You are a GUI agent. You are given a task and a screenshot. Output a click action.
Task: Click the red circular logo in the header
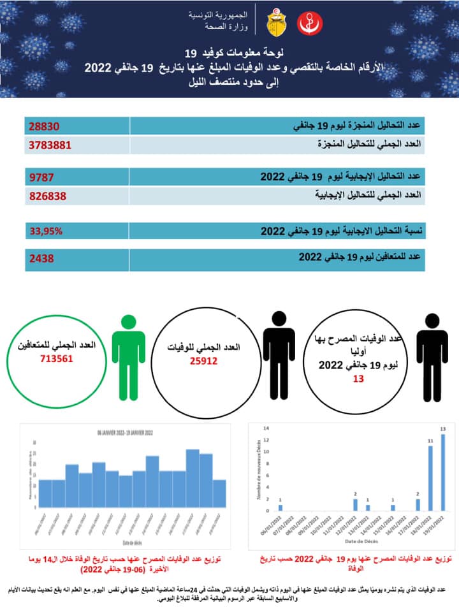coord(310,24)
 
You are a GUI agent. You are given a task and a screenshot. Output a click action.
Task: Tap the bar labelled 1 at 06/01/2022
coord(280,507)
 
